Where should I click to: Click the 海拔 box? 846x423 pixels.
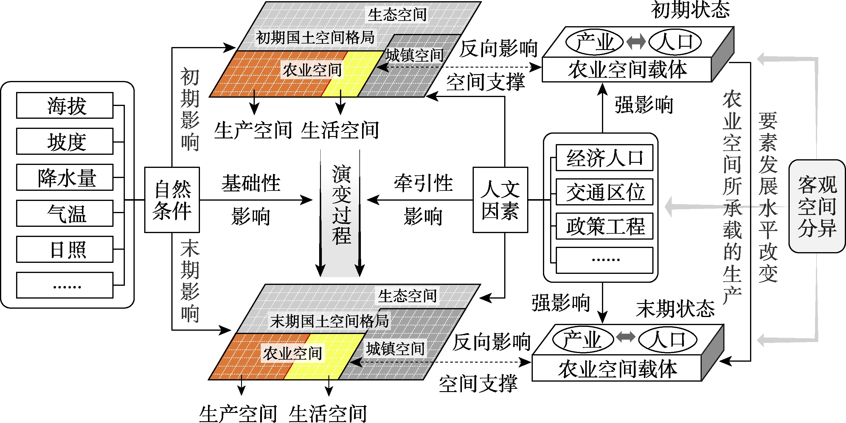65,105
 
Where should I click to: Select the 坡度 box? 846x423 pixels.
65,141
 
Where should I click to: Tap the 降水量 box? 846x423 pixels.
65,177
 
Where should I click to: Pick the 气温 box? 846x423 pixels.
65,213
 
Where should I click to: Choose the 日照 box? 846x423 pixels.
65,249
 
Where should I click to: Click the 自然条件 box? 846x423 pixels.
172,200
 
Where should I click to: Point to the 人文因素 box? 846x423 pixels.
500,200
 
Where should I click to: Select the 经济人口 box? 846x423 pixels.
604,158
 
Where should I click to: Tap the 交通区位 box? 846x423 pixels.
604,192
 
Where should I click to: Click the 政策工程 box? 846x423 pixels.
604,226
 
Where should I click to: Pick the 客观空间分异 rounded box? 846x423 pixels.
817,206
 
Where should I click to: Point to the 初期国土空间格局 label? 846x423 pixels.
315,38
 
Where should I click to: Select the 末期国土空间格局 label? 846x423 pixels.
329,321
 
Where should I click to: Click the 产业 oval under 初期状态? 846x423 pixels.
594,42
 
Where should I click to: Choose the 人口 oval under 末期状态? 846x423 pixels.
668,340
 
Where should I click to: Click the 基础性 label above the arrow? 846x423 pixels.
251,183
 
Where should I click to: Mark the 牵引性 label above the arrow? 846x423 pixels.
423,183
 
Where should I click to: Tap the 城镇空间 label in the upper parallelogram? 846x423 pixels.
415,55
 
